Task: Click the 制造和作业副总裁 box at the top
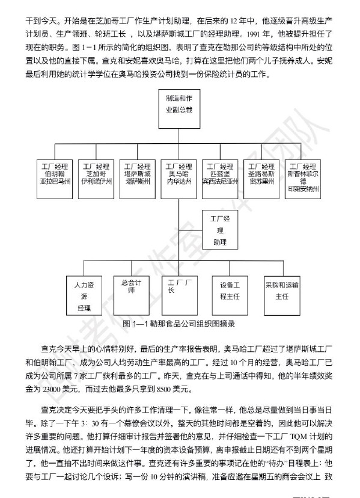[179, 109]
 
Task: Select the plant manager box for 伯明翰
[55, 179]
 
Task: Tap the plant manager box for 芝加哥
[96, 179]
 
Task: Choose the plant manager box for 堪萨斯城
[138, 179]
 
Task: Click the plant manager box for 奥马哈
[178, 179]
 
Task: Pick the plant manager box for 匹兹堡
[220, 179]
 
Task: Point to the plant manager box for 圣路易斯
[261, 179]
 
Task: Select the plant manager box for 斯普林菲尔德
[303, 179]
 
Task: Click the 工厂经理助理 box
[220, 230]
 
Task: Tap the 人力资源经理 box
[84, 295]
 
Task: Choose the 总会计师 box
[132, 295]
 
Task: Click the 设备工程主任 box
[230, 295]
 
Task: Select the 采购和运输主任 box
[282, 295]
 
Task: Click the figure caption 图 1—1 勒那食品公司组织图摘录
[178, 324]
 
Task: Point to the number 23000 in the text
[52, 389]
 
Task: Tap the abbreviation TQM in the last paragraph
[299, 437]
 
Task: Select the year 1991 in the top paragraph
[253, 34]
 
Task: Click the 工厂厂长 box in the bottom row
[180, 295]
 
